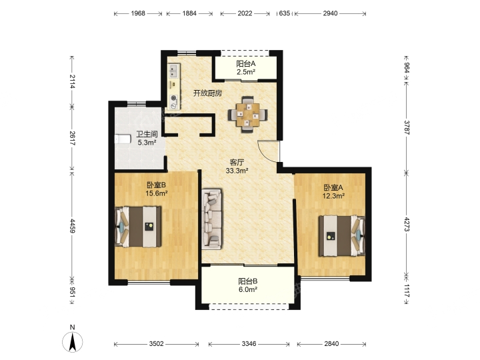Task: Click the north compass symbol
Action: coord(73,341)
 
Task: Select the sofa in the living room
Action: coord(212,219)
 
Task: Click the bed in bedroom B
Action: coord(138,227)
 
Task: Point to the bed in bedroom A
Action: coord(342,236)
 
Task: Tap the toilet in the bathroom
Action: coord(123,139)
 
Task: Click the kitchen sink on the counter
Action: coord(173,71)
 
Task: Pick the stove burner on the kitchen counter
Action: coord(174,98)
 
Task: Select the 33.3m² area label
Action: coord(237,171)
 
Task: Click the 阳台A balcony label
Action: coord(246,64)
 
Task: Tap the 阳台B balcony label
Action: coord(247,281)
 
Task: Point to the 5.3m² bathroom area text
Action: coord(147,142)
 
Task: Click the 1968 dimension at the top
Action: coord(138,13)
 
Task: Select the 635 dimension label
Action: coord(285,13)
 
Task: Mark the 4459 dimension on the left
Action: coord(73,225)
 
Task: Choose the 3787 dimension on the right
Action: coord(407,127)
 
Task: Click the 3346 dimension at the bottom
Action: coord(249,344)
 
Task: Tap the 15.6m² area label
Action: coord(157,193)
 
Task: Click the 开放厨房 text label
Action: coord(207,93)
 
